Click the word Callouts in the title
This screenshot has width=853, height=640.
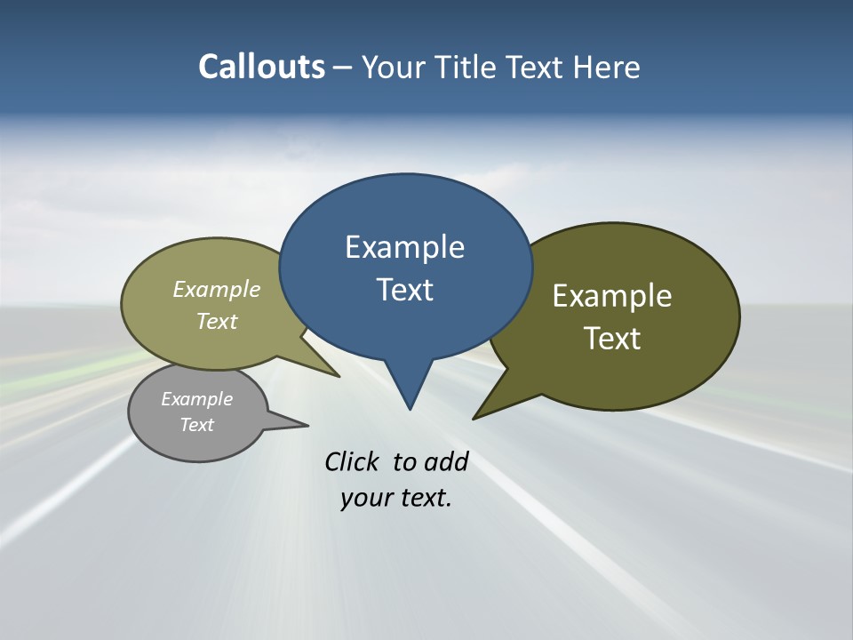pyautogui.click(x=261, y=67)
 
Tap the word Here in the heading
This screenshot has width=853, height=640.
pyautogui.click(x=607, y=68)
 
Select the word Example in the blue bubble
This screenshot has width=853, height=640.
pyautogui.click(x=404, y=247)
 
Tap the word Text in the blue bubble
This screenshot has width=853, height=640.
pyautogui.click(x=404, y=290)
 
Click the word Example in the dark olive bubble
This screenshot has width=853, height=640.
pyautogui.click(x=611, y=296)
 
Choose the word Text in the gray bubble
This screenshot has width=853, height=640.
pyautogui.click(x=197, y=425)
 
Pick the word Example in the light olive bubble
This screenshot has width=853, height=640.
pyautogui.click(x=217, y=290)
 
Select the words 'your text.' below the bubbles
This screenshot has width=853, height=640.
pyautogui.click(x=396, y=498)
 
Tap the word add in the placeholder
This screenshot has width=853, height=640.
pyautogui.click(x=445, y=461)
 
